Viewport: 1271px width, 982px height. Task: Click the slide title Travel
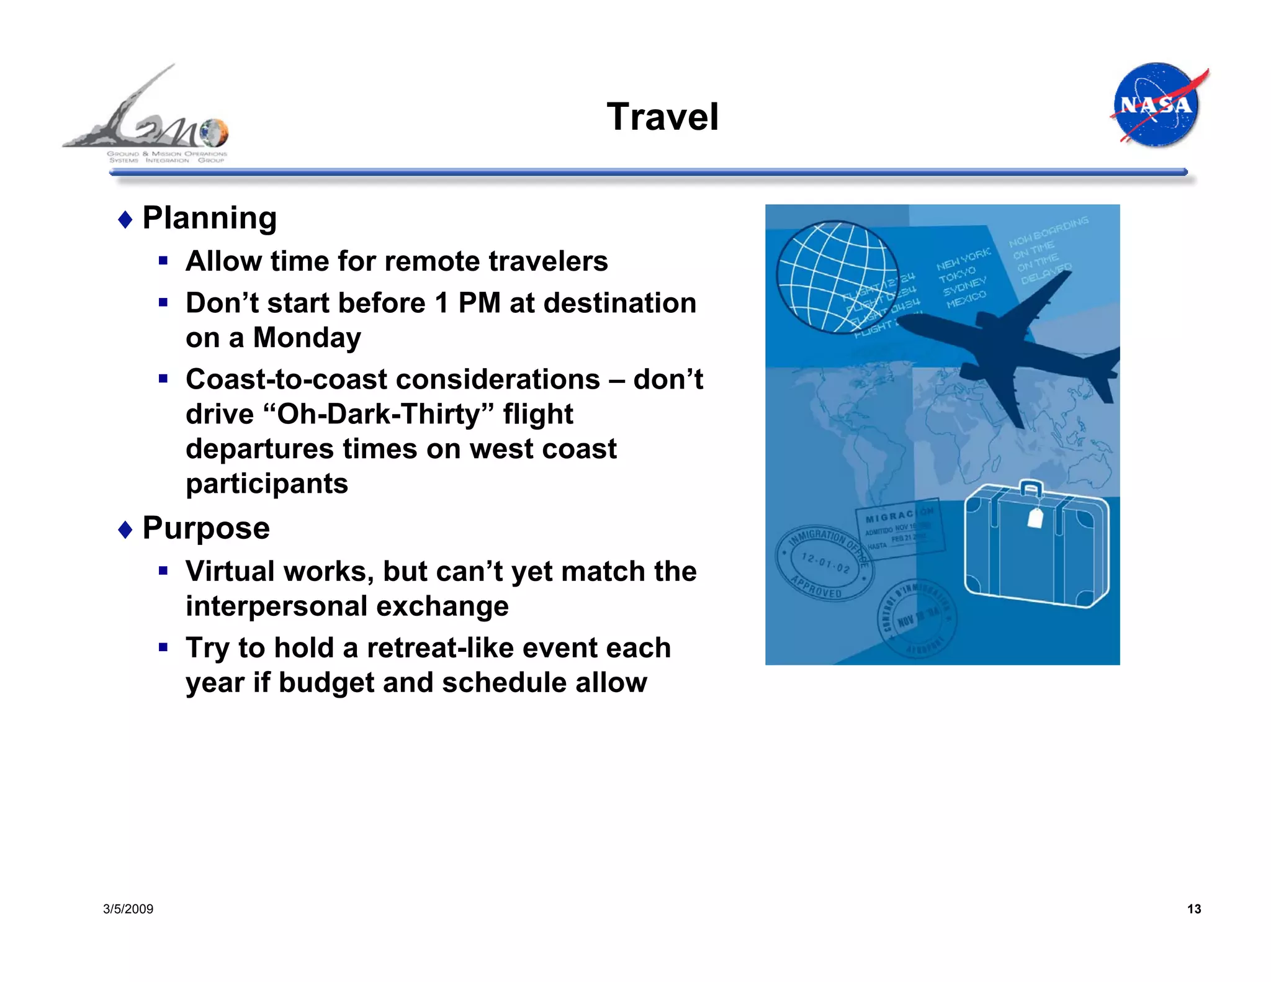tap(662, 117)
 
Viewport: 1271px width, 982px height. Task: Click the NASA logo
tap(1157, 105)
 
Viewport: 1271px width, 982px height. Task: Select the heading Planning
tap(209, 218)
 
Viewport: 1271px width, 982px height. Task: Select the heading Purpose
tap(205, 528)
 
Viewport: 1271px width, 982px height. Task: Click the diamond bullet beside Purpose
tap(125, 529)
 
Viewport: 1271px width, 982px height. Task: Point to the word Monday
tap(307, 338)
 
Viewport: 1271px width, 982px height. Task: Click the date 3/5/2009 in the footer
tap(128, 909)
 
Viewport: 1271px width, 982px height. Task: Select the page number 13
tap(1193, 909)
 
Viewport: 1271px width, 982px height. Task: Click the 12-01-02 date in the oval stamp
tap(825, 562)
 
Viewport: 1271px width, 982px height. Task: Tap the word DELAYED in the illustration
tap(1046, 273)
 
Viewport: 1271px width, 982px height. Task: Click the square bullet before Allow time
tap(163, 261)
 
